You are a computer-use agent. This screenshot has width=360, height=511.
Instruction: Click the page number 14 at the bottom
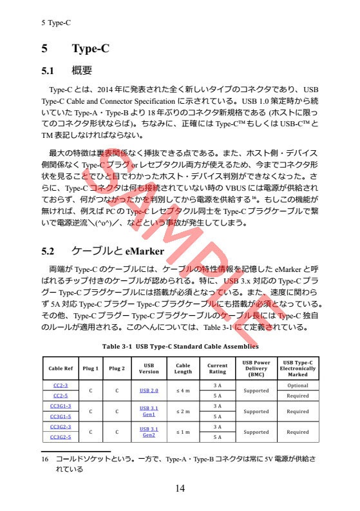(x=180, y=488)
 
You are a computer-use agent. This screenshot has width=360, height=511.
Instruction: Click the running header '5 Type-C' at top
(x=55, y=23)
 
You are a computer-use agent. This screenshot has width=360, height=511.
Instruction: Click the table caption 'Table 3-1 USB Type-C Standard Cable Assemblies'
(x=175, y=347)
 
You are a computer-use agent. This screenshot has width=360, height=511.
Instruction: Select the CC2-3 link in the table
(x=61, y=385)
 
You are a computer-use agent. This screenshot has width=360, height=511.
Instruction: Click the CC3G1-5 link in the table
(x=61, y=416)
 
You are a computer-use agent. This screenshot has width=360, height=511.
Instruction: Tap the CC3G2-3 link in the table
(x=61, y=427)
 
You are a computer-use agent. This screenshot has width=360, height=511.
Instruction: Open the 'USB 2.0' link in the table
(x=149, y=390)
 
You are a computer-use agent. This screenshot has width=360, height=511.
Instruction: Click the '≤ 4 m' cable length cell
(x=183, y=390)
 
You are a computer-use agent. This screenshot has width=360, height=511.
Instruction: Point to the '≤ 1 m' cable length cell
(x=183, y=432)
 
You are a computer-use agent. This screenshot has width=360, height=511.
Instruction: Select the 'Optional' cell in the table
(x=298, y=385)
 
